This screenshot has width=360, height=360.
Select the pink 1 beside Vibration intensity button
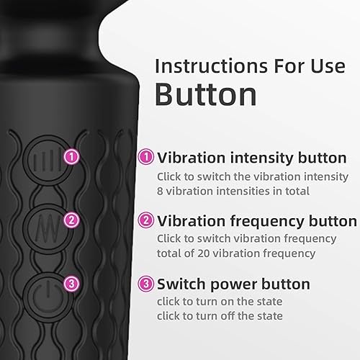(x=145, y=157)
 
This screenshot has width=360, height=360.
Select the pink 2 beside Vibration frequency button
(x=145, y=221)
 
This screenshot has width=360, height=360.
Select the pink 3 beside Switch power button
(x=145, y=284)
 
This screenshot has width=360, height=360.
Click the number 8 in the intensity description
(x=161, y=190)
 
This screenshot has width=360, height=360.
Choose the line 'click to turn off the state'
(x=220, y=315)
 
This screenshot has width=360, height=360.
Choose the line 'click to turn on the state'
(x=220, y=301)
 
